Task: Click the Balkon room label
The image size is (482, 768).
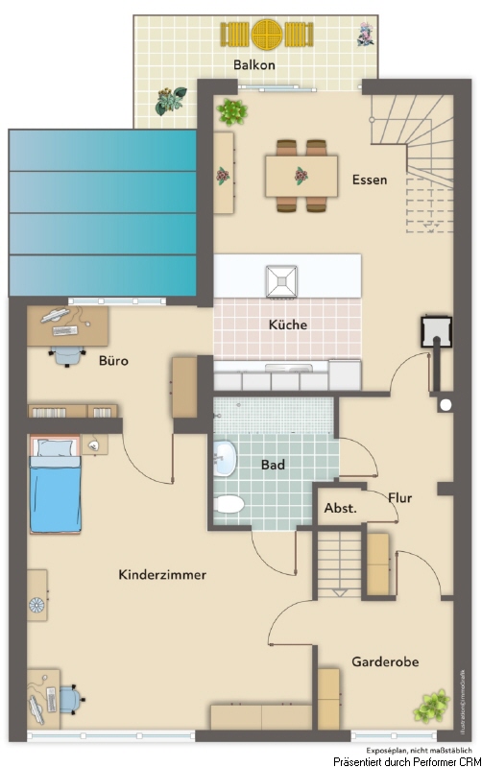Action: (253, 65)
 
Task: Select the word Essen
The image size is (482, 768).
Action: (370, 180)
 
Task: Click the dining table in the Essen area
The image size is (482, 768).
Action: (301, 176)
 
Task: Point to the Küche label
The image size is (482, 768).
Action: (287, 324)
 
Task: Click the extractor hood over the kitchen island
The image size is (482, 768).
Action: (284, 279)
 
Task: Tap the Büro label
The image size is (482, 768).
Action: (113, 362)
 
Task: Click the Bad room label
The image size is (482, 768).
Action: (275, 465)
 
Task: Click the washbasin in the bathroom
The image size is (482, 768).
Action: (225, 458)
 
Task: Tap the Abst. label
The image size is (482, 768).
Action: (340, 508)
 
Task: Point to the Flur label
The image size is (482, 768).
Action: (400, 498)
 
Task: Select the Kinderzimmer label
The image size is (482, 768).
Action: (162, 574)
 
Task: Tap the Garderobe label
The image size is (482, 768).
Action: (384, 661)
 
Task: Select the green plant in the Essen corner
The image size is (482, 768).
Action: (231, 111)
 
